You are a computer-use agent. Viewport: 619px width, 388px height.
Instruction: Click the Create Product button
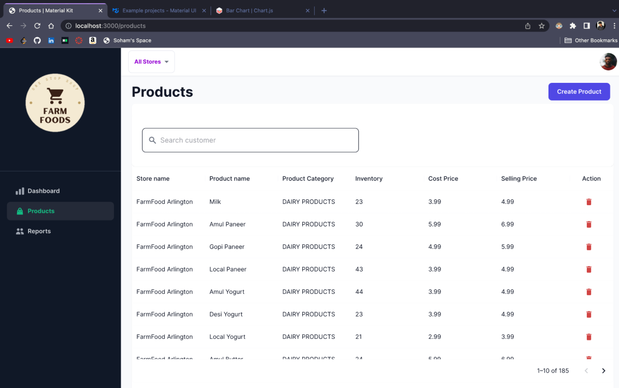point(579,92)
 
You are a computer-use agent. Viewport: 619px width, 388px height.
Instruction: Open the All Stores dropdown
point(151,62)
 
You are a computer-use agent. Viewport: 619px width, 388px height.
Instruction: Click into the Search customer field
point(250,140)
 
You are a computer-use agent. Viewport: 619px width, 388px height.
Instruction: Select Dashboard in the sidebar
point(44,191)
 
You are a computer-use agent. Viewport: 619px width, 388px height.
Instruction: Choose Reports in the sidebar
point(39,232)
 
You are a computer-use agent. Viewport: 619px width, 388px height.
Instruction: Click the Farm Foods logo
point(55,103)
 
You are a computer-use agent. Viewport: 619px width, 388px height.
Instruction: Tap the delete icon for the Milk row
point(588,202)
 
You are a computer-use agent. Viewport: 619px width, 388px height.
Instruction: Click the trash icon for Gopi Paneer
point(588,247)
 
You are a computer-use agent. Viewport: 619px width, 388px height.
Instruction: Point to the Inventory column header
point(369,179)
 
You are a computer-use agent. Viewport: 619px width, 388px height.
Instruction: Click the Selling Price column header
point(518,179)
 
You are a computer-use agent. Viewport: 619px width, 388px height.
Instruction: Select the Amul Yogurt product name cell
point(227,292)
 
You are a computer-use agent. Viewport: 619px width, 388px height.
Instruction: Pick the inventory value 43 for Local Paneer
point(359,269)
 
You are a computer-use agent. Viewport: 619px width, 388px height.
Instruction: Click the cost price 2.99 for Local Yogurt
point(434,337)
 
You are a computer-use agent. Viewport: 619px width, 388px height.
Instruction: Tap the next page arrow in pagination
point(603,371)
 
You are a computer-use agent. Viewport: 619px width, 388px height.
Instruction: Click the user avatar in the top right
point(608,62)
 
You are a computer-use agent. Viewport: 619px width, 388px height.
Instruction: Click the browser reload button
point(37,26)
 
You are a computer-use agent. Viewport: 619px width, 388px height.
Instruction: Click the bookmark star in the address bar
point(541,26)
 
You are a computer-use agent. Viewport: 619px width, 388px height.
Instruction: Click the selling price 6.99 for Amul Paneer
point(508,224)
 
